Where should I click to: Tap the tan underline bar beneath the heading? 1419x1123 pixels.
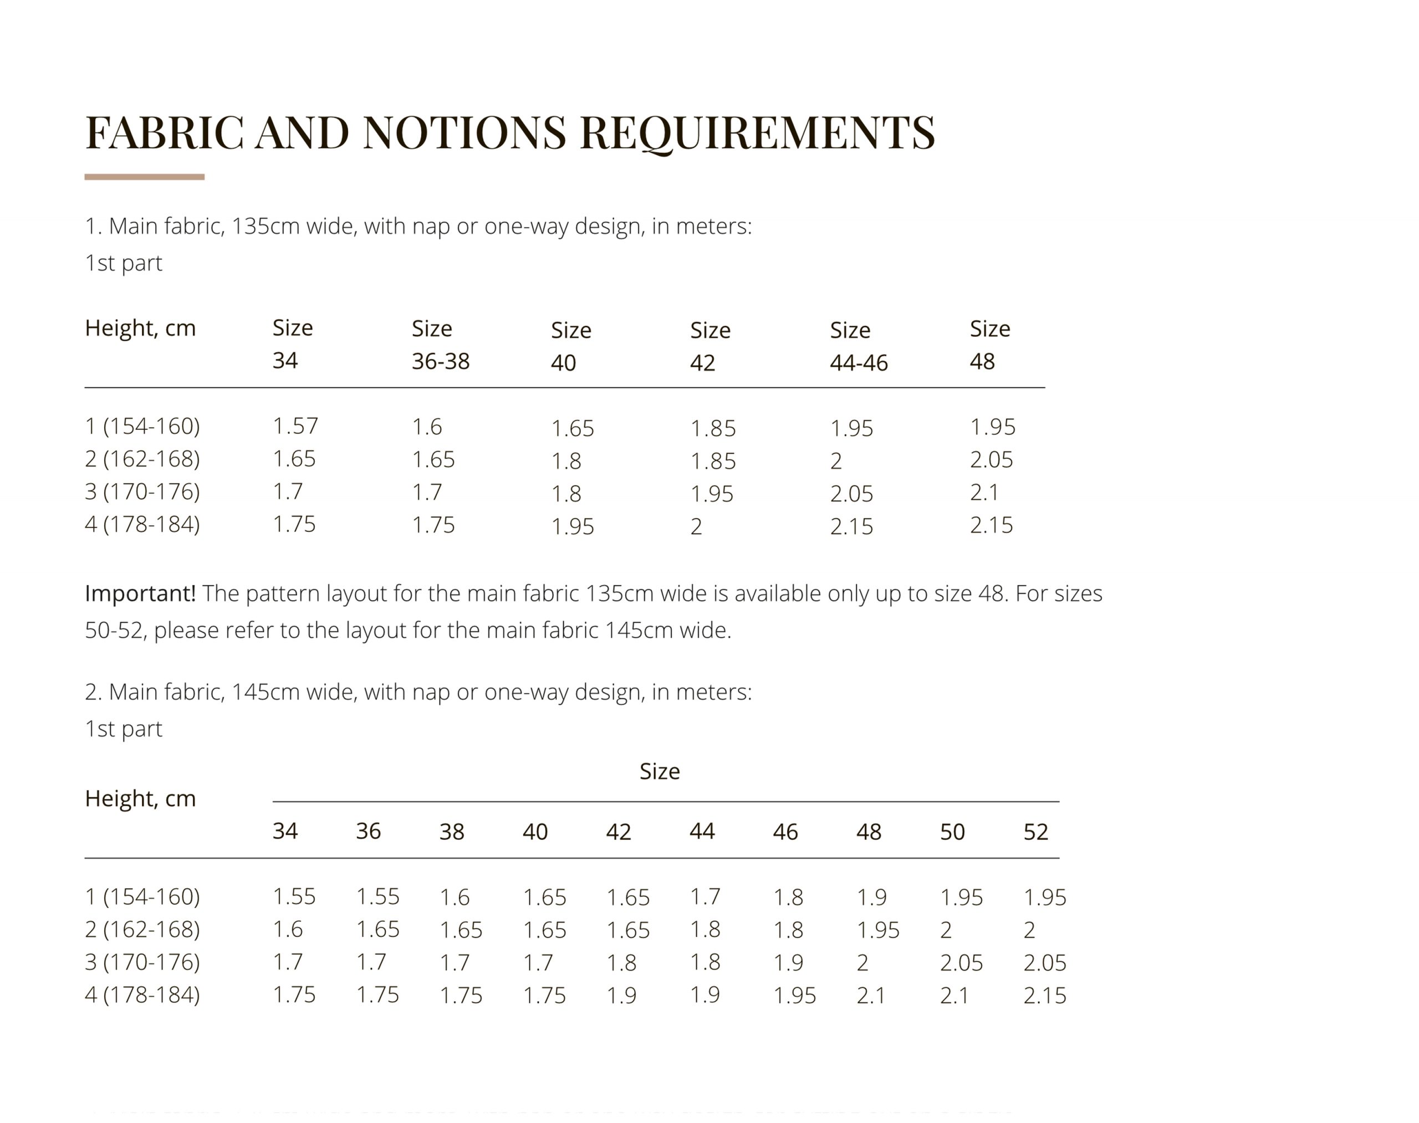coord(144,177)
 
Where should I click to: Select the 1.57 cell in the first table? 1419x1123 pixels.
coord(295,426)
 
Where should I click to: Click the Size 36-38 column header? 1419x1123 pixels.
coord(440,345)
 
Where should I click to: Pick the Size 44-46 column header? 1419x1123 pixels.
coord(858,346)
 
